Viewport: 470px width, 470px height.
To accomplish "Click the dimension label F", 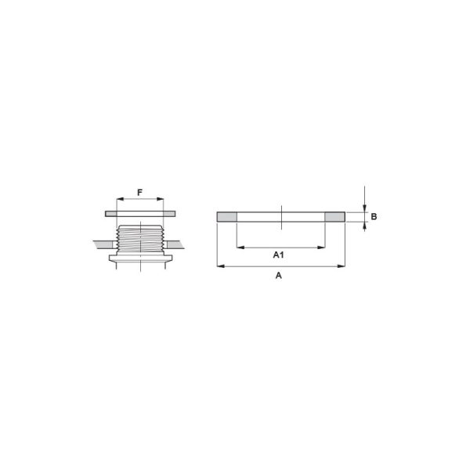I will coord(140,192).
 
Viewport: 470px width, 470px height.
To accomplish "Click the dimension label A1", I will coord(279,255).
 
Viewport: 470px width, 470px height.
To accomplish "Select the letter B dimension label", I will coord(374,216).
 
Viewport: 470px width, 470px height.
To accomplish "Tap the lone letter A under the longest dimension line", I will coord(279,276).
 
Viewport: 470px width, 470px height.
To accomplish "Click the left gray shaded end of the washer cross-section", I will coord(226,216).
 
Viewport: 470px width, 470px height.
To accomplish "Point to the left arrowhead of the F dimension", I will coord(118,200).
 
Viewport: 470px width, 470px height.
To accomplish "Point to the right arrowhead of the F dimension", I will coord(161,200).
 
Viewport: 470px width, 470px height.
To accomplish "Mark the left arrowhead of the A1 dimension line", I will coord(239,248).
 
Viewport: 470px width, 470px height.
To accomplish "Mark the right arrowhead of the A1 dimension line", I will coord(323,248).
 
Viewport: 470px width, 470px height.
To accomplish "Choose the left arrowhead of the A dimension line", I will coord(219,266).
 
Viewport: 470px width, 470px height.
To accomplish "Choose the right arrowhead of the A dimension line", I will coord(342,266).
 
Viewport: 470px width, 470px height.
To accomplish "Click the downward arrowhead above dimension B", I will coord(365,208).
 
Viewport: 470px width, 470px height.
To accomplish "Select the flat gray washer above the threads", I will coord(140,213).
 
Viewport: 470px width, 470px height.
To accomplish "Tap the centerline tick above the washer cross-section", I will coord(280,208).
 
